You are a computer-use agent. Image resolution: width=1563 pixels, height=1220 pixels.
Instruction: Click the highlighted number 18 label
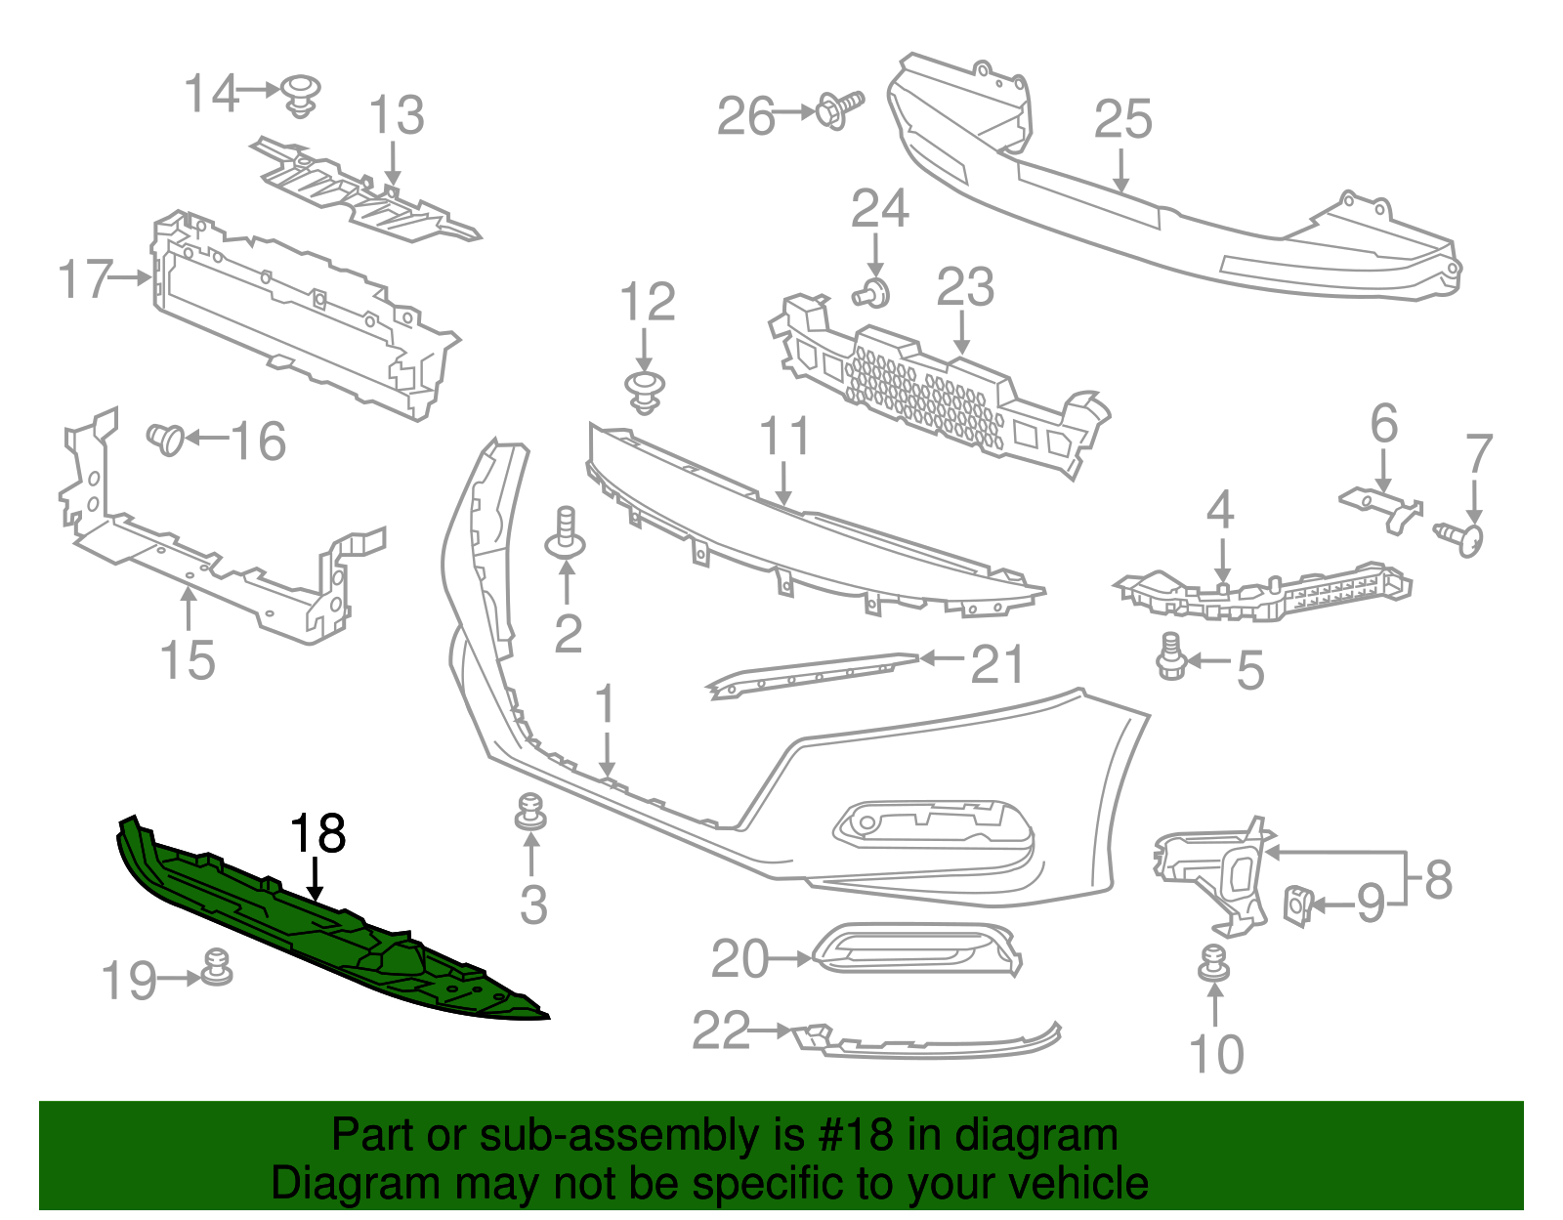(318, 834)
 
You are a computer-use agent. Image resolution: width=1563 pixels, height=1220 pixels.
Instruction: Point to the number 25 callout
(1122, 119)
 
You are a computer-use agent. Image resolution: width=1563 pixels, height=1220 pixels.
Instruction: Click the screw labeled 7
(1462, 536)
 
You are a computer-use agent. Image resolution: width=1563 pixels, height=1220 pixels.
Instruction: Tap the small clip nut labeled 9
(1297, 905)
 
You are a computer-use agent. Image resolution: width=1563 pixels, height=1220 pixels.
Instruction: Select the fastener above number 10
(1214, 963)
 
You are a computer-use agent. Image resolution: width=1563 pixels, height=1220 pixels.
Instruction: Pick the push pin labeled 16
(166, 439)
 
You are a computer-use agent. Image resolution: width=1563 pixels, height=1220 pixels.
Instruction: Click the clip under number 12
(644, 390)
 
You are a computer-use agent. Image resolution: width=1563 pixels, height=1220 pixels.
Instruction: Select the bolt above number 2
(567, 532)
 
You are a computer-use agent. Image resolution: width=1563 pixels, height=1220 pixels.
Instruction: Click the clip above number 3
(530, 812)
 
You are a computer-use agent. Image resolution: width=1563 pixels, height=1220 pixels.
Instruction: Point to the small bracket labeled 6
(1382, 507)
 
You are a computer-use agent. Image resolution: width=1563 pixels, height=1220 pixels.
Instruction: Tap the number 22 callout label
(721, 1031)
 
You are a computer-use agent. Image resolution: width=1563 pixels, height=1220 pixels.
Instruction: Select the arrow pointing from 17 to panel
(131, 277)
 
